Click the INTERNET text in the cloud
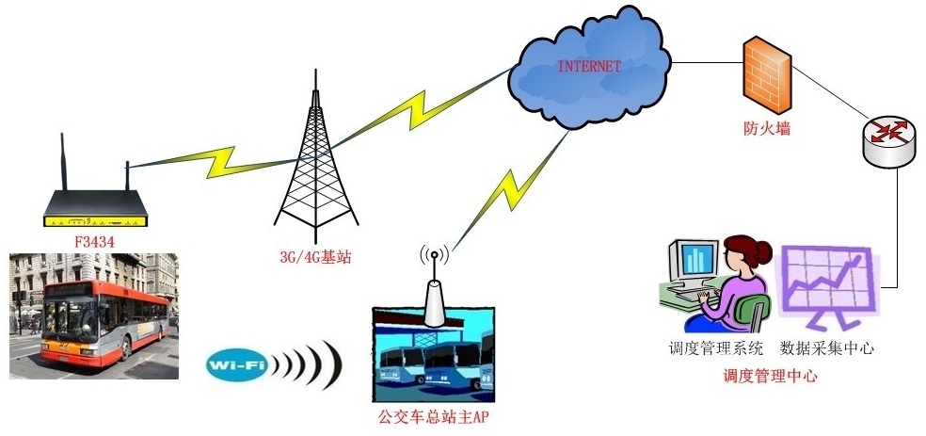pyautogui.click(x=589, y=66)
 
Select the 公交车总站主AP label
pyautogui.click(x=434, y=416)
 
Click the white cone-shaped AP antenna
pyautogui.click(x=434, y=301)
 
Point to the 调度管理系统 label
pyautogui.click(x=715, y=347)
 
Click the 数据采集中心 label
pyautogui.click(x=827, y=347)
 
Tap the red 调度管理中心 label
pyautogui.click(x=769, y=376)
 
